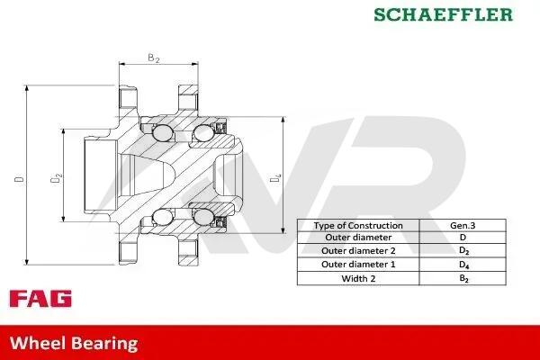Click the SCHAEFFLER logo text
pyautogui.click(x=444, y=14)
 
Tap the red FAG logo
pyautogui.click(x=40, y=298)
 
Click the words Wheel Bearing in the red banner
pyautogui.click(x=74, y=344)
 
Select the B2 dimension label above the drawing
pyautogui.click(x=154, y=58)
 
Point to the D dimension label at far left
pyautogui.click(x=20, y=179)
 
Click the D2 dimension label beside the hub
pyautogui.click(x=56, y=178)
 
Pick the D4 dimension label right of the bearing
pyautogui.click(x=275, y=178)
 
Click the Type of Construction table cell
pyautogui.click(x=358, y=226)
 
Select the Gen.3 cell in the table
pyautogui.click(x=463, y=226)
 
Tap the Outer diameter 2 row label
pyautogui.click(x=358, y=251)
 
